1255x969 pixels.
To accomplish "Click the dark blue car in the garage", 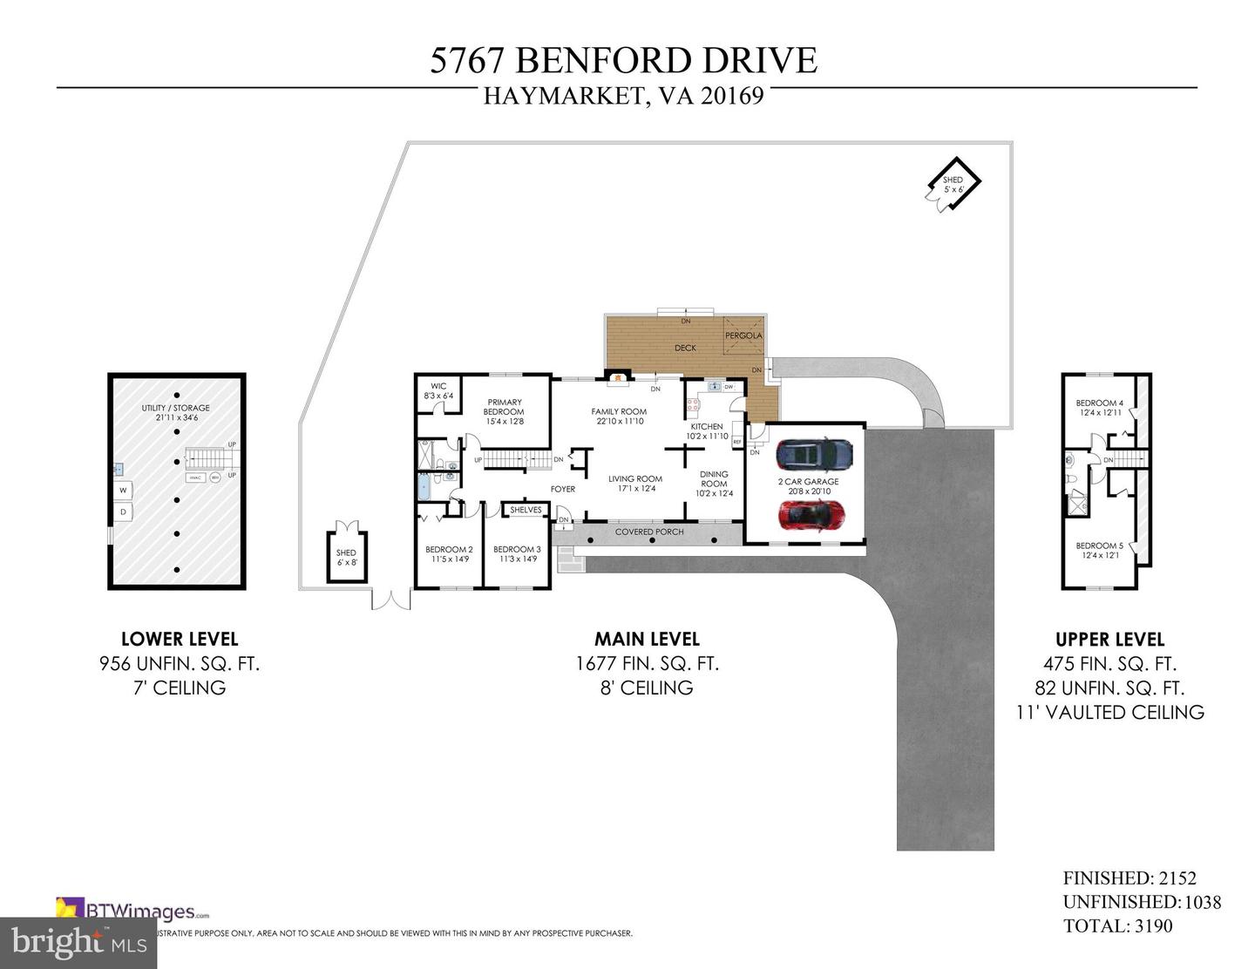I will pos(814,453).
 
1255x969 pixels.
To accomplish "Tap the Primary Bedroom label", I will pos(504,407).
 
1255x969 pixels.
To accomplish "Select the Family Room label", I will pos(619,411).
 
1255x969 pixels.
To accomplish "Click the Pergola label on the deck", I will pos(743,335).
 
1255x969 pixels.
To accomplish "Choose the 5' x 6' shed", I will pos(953,184).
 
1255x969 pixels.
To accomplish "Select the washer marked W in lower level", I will pos(123,490).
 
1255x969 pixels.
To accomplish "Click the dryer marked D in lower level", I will pos(123,512).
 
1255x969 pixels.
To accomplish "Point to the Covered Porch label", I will pos(649,532).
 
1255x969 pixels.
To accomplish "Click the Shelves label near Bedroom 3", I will pos(526,510).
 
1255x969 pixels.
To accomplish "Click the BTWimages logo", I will pos(132,911).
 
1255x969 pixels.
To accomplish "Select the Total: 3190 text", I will pos(1117,926).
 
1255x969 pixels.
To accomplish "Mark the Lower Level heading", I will pos(179,639).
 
